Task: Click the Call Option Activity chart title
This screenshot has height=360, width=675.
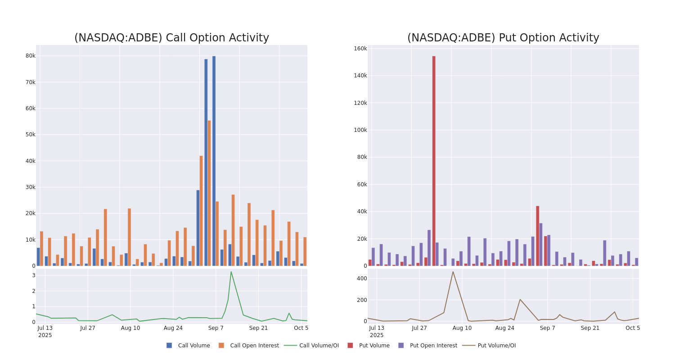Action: (171, 38)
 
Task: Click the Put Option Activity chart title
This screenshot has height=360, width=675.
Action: (503, 38)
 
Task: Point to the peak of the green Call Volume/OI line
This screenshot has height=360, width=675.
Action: (231, 272)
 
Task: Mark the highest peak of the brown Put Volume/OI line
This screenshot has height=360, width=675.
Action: (453, 272)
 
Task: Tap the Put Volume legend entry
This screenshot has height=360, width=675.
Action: (374, 346)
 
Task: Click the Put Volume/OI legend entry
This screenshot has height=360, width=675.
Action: (496, 346)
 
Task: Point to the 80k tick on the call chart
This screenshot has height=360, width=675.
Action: (30, 56)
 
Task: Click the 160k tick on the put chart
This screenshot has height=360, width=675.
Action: (360, 49)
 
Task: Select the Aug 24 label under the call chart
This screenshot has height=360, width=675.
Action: (173, 328)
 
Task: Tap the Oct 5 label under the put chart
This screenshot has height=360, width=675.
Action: (632, 328)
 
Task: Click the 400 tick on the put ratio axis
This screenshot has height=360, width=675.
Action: (362, 279)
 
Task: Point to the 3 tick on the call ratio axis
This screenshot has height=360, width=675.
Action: (33, 275)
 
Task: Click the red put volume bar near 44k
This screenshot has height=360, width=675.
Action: (537, 236)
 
